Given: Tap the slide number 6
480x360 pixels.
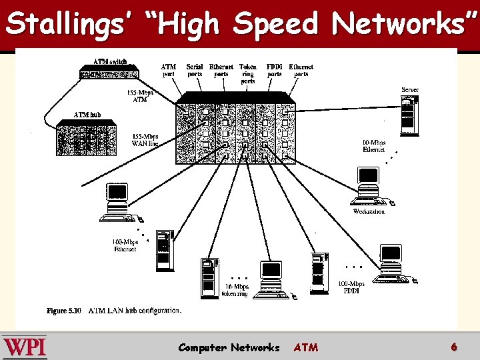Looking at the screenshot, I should coord(454,347).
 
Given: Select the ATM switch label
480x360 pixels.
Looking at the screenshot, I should coord(110,62).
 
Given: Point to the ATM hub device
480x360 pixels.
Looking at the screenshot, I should coord(87,137).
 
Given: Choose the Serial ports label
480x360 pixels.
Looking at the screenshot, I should coord(195,70).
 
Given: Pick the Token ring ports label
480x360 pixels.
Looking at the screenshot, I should coord(248,74).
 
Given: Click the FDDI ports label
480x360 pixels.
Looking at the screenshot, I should coord(275,70).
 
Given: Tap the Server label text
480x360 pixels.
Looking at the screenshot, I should coord(410,89).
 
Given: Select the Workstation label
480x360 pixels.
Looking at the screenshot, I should coord(369,211).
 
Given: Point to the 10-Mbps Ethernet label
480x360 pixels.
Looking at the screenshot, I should coord(373,146).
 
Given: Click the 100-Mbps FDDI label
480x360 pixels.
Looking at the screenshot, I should coord(351,287).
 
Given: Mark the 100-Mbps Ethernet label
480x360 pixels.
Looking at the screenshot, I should coord(125,245).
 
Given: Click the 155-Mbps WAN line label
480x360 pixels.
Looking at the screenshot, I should coord(145,140).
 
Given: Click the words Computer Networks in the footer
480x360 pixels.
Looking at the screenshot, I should coord(229,347).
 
